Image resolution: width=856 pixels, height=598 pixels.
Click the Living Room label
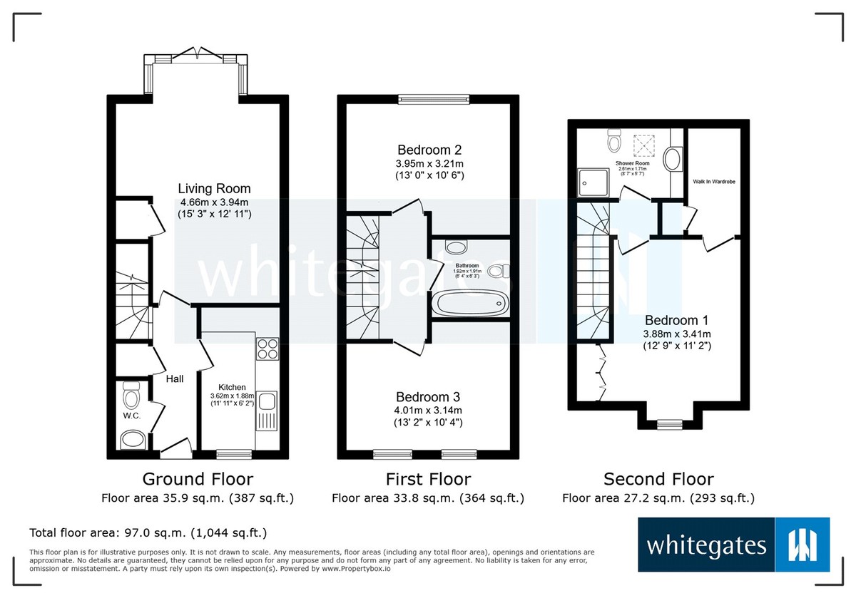[x=215, y=189]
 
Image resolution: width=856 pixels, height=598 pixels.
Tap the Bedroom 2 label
[x=429, y=150]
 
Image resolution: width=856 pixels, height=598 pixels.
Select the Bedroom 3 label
[x=428, y=397]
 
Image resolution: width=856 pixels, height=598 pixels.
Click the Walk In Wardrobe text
[x=714, y=182]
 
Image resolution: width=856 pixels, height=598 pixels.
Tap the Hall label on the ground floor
[x=175, y=379]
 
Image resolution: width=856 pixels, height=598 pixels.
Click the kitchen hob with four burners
[x=267, y=350]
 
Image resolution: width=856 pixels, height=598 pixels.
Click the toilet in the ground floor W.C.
[x=131, y=393]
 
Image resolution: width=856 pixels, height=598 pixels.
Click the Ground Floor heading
[x=198, y=479]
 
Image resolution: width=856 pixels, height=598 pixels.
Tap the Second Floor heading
[x=658, y=479]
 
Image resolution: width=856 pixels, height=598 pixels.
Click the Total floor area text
[x=148, y=532]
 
